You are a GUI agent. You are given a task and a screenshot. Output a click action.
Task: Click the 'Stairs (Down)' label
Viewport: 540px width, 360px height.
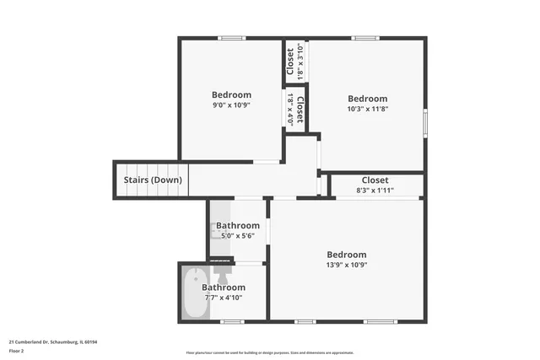pyautogui.click(x=153, y=180)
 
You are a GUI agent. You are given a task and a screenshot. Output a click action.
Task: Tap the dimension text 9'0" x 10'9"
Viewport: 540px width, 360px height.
pyautogui.click(x=231, y=105)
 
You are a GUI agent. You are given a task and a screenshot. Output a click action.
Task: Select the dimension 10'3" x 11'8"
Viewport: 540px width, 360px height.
pyautogui.click(x=367, y=109)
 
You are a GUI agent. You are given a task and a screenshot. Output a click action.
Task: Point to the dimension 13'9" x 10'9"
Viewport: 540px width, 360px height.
pyautogui.click(x=347, y=265)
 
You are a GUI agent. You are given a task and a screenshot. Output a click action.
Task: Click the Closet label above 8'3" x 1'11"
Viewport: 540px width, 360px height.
pyautogui.click(x=375, y=180)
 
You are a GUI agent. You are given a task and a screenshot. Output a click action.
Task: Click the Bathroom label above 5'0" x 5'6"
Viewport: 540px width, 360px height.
pyautogui.click(x=238, y=226)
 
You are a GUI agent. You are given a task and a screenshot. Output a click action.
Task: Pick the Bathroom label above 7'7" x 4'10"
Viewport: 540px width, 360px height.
pyautogui.click(x=224, y=287)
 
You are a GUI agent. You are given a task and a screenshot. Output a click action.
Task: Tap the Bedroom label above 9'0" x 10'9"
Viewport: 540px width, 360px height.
pyautogui.click(x=231, y=94)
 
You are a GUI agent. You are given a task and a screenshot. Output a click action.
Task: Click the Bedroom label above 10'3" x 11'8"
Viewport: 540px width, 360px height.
pyautogui.click(x=367, y=99)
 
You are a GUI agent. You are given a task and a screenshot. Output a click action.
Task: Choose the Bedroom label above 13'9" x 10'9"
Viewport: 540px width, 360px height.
pyautogui.click(x=347, y=255)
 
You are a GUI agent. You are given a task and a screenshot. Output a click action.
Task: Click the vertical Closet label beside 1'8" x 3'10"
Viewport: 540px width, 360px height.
pyautogui.click(x=290, y=61)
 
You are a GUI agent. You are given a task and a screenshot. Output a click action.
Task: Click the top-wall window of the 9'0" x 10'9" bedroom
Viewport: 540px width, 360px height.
pyautogui.click(x=231, y=38)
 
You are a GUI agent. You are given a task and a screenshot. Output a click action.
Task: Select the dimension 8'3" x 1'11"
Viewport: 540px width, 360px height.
pyautogui.click(x=375, y=191)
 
